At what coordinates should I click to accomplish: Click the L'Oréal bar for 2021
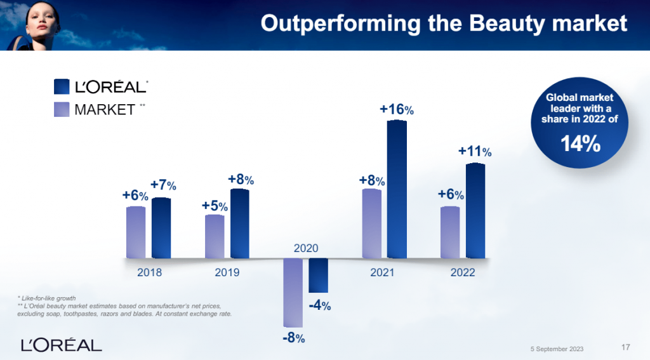397,189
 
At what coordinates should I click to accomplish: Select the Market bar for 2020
293,292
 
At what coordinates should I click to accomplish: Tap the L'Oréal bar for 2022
475,211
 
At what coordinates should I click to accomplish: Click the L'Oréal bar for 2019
239,223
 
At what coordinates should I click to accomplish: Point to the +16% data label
397,110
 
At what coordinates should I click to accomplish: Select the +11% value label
475,152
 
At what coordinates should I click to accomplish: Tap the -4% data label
319,305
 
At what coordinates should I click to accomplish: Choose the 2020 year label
305,248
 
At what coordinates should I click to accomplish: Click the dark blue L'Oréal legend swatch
62,87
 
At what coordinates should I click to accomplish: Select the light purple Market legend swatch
62,109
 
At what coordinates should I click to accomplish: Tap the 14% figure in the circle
580,144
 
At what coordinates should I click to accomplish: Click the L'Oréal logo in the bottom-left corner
61,345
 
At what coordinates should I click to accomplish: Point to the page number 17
625,347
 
